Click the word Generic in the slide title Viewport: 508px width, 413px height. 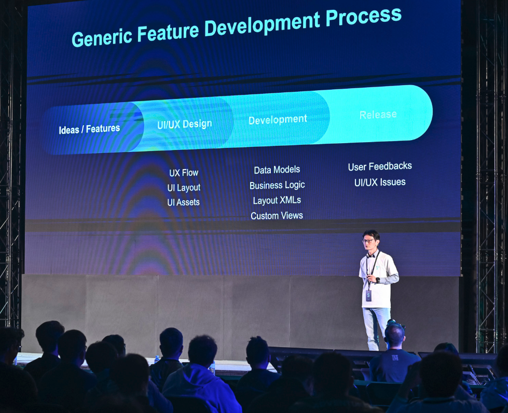(x=102, y=37)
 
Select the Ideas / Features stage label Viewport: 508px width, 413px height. (x=89, y=129)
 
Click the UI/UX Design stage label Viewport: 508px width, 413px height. (x=185, y=124)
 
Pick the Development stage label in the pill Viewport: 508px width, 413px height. (x=278, y=119)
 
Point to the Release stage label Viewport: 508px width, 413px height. (x=378, y=114)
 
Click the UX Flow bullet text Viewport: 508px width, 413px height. (x=184, y=173)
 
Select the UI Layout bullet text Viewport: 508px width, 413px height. (x=184, y=187)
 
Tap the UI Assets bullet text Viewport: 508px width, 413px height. (x=183, y=202)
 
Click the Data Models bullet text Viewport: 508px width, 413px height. (x=277, y=170)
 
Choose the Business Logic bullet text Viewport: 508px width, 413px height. (x=277, y=185)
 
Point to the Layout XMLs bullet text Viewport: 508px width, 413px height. (x=277, y=200)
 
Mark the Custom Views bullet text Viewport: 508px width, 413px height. (x=277, y=215)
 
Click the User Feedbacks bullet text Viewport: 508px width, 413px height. (x=380, y=167)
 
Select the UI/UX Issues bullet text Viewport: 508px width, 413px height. (x=380, y=182)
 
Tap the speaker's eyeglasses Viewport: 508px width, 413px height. (x=368, y=241)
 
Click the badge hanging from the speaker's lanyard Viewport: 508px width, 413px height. (x=369, y=296)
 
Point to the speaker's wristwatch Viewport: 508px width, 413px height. (x=377, y=280)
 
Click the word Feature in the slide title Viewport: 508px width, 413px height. (x=168, y=32)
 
